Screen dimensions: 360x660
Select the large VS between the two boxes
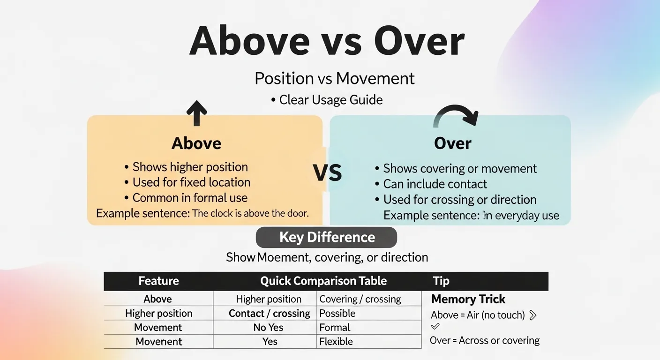(327, 173)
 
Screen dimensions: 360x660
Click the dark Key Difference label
(326, 237)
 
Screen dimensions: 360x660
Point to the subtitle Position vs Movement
(334, 78)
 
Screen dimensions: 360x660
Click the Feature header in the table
(158, 281)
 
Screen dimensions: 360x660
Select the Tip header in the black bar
(441, 281)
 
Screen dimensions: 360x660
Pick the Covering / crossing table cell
(360, 299)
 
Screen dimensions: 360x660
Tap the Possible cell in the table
(337, 313)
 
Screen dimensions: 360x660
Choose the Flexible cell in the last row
(336, 341)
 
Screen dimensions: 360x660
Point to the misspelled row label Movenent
(158, 341)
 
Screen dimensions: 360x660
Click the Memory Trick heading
(468, 299)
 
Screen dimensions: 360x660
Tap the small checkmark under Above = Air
(435, 327)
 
